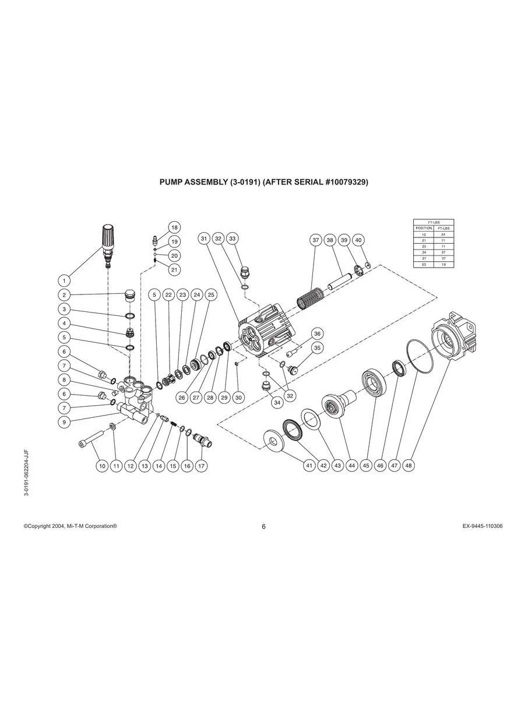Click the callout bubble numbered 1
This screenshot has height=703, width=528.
coord(65,281)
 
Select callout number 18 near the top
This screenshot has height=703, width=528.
coord(174,227)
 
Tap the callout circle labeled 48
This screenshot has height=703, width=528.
coord(409,466)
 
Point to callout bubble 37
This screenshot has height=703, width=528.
coord(315,240)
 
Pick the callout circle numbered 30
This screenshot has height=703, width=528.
coord(238,397)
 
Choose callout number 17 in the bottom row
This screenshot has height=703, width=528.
coord(202,466)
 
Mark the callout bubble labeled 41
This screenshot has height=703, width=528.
coord(309,466)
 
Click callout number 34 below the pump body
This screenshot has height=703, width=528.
coord(277,402)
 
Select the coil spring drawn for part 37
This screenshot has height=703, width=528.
coord(310,300)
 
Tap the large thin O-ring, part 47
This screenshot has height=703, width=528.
coord(419,356)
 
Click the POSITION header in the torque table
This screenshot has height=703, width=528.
coord(423,228)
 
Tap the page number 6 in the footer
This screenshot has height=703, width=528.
coord(263,527)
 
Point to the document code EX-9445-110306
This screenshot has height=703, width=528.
coord(482,526)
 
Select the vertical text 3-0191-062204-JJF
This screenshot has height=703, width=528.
coord(26,472)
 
